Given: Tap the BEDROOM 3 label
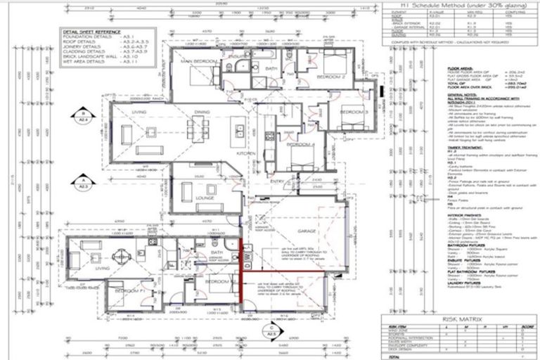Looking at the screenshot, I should click(x=354, y=112).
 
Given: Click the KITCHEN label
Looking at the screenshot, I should click(x=245, y=153).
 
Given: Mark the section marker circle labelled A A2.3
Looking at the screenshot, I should click(x=83, y=184).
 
